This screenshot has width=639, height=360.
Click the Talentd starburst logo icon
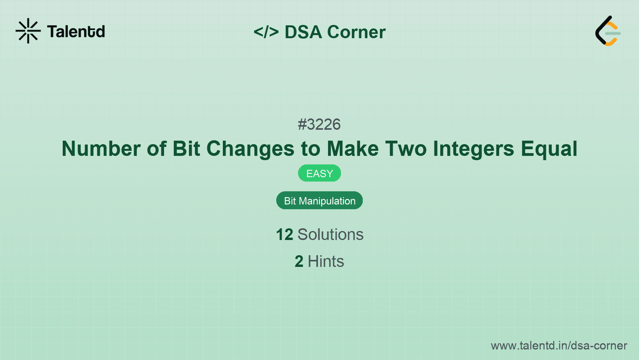[x=28, y=31]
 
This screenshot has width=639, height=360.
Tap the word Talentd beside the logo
[x=76, y=32]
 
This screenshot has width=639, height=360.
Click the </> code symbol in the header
[x=266, y=32]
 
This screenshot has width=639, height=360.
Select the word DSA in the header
[x=303, y=32]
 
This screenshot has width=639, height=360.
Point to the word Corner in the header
[x=357, y=32]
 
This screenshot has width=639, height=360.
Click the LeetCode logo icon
[x=608, y=31]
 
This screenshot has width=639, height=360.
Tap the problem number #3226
[x=319, y=125]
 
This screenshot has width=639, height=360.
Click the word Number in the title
[x=101, y=149]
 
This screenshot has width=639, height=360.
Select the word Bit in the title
[x=186, y=149]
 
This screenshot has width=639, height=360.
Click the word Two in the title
[x=406, y=149]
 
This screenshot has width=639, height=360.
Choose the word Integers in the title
[x=473, y=149]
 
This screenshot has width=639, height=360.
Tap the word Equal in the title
[x=549, y=149]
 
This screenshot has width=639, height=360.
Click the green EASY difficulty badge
[x=319, y=173]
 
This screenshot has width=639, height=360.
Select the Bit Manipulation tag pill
[x=319, y=201]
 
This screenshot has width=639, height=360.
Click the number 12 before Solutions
[x=284, y=235]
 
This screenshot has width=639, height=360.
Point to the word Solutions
[x=330, y=235]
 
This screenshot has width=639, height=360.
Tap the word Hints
[x=326, y=261]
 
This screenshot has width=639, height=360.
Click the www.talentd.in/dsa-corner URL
[x=559, y=346]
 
